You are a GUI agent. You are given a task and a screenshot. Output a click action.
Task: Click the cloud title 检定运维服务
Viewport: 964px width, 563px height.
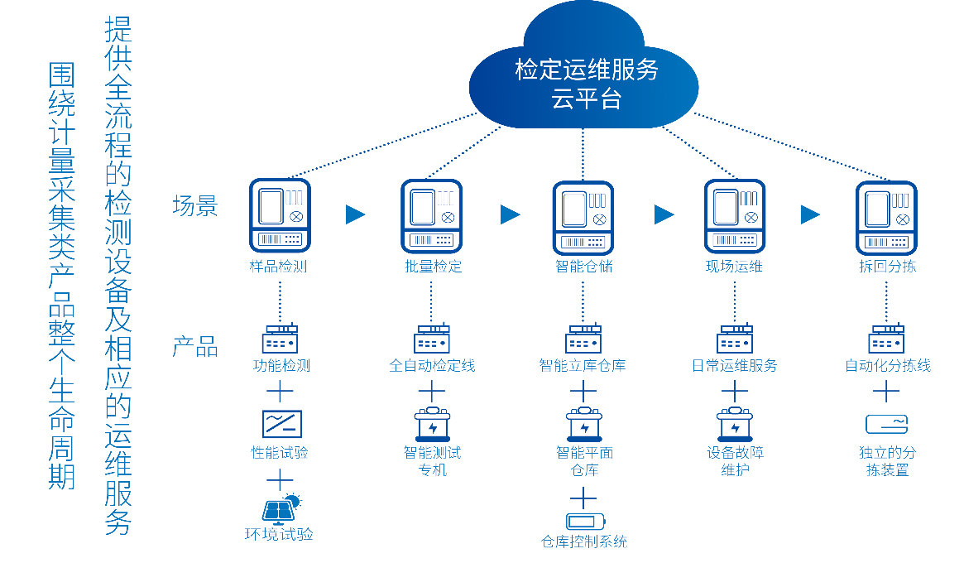pyautogui.click(x=587, y=70)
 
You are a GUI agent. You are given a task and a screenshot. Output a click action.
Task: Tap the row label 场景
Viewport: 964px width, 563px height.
pyautogui.click(x=195, y=205)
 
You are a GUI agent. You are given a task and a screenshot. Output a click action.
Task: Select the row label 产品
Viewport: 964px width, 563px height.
pyautogui.click(x=195, y=347)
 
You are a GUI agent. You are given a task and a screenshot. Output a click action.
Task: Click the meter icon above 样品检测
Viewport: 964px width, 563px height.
pyautogui.click(x=280, y=215)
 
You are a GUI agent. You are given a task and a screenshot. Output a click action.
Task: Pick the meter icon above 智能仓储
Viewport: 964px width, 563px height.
pyautogui.click(x=583, y=218)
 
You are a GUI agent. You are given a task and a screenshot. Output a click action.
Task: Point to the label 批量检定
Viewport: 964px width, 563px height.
pyautogui.click(x=433, y=267)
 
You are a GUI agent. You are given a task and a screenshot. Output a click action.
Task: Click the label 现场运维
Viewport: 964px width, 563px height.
pyautogui.click(x=734, y=267)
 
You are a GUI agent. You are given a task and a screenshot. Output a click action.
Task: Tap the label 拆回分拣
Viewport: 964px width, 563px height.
pyautogui.click(x=887, y=267)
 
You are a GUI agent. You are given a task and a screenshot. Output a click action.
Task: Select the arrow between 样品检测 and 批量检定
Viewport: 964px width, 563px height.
pyautogui.click(x=355, y=214)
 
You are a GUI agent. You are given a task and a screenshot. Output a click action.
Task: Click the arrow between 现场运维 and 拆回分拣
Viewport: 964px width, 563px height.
pyautogui.click(x=810, y=214)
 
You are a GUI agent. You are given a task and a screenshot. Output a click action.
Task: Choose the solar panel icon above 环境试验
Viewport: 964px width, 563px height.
pyautogui.click(x=281, y=508)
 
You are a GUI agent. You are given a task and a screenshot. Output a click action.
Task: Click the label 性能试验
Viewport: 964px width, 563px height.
pyautogui.click(x=280, y=453)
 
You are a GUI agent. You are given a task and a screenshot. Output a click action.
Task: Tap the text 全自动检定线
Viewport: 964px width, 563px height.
pyautogui.click(x=432, y=365)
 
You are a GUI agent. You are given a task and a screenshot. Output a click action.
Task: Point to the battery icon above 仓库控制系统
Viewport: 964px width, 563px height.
pyautogui.click(x=585, y=522)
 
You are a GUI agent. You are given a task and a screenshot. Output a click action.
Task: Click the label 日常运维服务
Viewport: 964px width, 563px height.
pyautogui.click(x=734, y=365)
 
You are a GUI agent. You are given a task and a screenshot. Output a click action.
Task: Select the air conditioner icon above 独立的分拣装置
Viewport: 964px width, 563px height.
pyautogui.click(x=886, y=424)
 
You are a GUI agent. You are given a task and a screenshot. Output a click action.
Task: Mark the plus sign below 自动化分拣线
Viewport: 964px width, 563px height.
pyautogui.click(x=886, y=392)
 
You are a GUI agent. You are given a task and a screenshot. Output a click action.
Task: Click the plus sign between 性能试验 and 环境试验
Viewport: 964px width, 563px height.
pyautogui.click(x=280, y=480)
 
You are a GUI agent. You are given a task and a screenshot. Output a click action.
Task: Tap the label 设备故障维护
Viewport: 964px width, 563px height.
pyautogui.click(x=736, y=461)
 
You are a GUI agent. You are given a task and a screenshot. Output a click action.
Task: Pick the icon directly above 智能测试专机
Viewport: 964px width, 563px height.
pyautogui.click(x=433, y=424)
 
